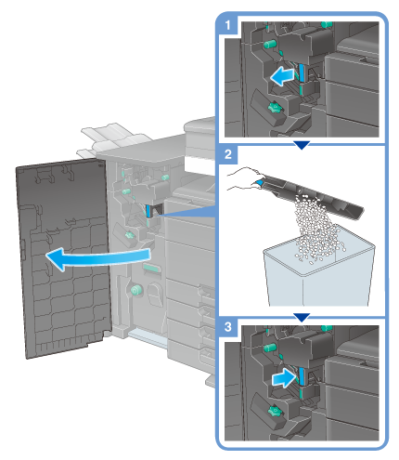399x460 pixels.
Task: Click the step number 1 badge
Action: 228,25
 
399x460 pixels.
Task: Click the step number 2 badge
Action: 228,154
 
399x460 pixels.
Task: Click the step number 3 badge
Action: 228,327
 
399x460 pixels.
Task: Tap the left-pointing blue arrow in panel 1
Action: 282,76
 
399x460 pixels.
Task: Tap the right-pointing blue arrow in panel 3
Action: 284,378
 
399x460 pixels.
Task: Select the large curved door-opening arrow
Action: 99,257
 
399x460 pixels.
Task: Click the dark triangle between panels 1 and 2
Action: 302,145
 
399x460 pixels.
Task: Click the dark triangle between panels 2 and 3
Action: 302,317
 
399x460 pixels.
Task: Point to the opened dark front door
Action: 63,257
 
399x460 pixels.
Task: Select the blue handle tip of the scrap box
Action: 259,182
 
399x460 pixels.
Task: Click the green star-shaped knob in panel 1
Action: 274,108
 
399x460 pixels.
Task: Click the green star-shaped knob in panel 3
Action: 274,412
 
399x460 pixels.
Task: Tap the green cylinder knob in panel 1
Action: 270,44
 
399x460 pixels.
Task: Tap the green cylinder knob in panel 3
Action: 270,347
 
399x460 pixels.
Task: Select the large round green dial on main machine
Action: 135,290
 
